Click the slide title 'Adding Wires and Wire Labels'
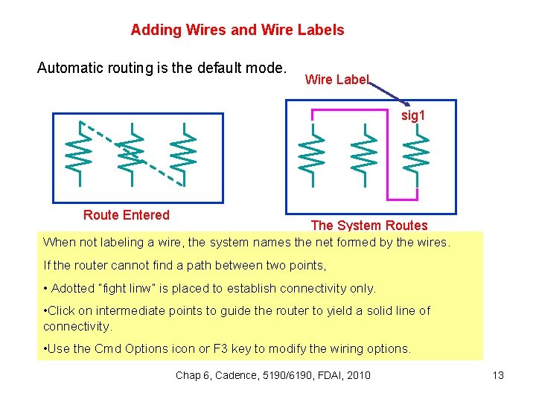pyautogui.click(x=237, y=30)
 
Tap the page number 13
pyautogui.click(x=498, y=375)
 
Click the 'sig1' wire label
pyautogui.click(x=412, y=116)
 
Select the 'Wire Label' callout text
pyautogui.click(x=336, y=80)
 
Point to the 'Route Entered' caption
pyautogui.click(x=127, y=215)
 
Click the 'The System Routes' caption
pyautogui.click(x=368, y=225)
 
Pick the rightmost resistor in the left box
pyautogui.click(x=183, y=153)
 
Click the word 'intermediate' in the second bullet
pyautogui.click(x=135, y=310)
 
